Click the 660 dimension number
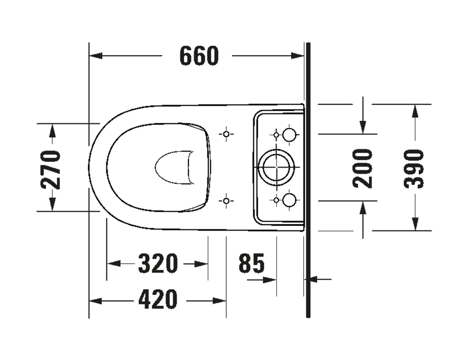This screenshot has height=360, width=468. click(199, 56)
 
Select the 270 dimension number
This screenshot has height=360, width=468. click(50, 170)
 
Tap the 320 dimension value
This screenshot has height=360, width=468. click(158, 264)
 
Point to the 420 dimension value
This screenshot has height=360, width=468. click(158, 300)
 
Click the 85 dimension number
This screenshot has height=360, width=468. click(252, 263)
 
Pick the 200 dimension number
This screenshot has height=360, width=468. click(362, 169)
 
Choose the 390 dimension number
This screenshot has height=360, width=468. click(414, 169)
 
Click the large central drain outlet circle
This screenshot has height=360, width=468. click(277, 167)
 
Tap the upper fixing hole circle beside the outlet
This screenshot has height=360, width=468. click(289, 135)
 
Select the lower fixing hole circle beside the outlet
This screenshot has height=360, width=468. click(289, 200)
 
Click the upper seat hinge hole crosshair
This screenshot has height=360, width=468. click(226, 134)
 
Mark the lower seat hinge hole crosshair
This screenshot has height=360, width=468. click(226, 201)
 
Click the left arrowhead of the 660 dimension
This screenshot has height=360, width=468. click(96, 56)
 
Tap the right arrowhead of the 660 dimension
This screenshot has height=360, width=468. click(297, 56)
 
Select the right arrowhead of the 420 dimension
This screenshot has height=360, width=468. click(219, 301)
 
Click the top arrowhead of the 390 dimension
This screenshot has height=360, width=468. click(414, 111)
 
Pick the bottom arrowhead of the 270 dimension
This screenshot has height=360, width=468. click(53, 204)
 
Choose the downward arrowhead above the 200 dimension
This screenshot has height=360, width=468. click(363, 127)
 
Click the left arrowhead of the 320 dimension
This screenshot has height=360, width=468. click(113, 264)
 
